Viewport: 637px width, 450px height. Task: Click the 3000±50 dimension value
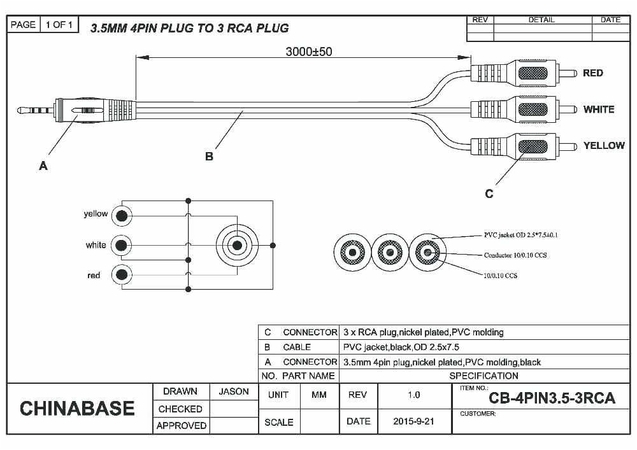[308, 52]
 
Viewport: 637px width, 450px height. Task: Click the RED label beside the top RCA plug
[592, 73]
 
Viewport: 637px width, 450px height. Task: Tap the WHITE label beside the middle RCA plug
[598, 109]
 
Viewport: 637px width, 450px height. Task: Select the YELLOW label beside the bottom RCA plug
[603, 146]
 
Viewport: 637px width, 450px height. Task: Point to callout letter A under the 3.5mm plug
[43, 166]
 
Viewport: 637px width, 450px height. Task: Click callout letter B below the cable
[209, 157]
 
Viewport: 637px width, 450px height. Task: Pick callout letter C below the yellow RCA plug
[489, 194]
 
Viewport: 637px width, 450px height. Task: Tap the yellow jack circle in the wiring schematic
[121, 216]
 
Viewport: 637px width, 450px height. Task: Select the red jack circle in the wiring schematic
[121, 275]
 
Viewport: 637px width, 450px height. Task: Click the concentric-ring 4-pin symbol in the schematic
[237, 245]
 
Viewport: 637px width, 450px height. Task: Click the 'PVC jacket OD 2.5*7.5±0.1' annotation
[520, 236]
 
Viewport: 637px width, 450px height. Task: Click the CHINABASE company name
[77, 409]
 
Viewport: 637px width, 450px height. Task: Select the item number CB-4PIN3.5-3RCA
[552, 398]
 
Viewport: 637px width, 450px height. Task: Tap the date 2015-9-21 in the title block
[413, 421]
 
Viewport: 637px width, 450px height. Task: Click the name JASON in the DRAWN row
[234, 391]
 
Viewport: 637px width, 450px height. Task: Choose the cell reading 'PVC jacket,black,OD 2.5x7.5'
[401, 347]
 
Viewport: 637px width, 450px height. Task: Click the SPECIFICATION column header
[483, 376]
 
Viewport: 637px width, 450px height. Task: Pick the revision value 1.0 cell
[413, 395]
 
